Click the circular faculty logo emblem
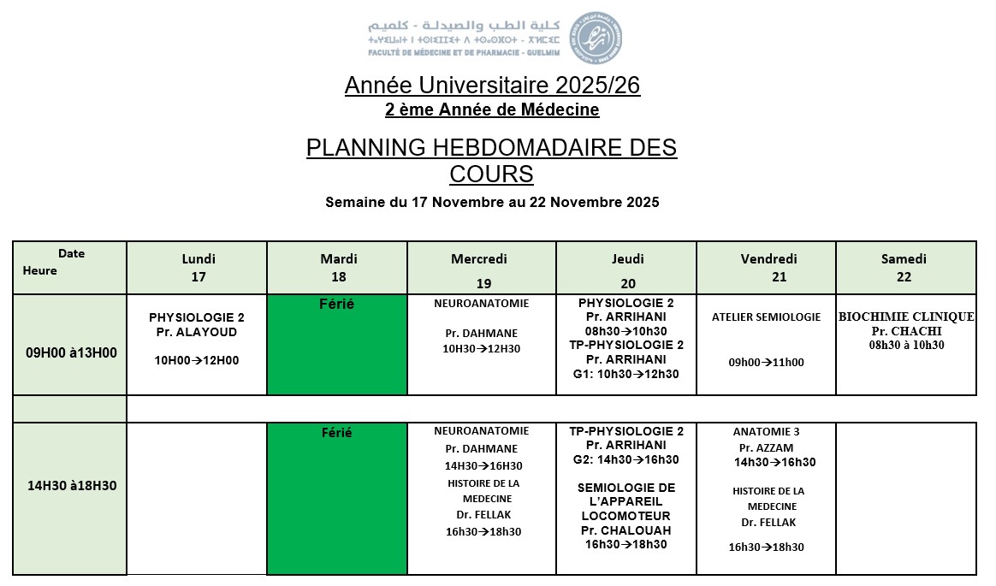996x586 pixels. click(x=596, y=38)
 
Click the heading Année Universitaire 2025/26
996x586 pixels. click(x=492, y=86)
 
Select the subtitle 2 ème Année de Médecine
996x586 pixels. click(x=492, y=110)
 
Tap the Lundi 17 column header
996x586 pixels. click(x=199, y=268)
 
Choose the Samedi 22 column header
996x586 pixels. click(x=904, y=268)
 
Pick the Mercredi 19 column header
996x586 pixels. click(x=479, y=269)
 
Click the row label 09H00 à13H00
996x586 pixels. click(x=72, y=352)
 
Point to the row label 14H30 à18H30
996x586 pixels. click(x=72, y=486)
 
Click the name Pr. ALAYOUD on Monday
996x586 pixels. click(x=197, y=332)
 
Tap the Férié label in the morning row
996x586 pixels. click(x=337, y=304)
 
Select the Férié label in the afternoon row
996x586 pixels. click(x=337, y=433)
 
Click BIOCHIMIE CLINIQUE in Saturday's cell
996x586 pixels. click(x=906, y=317)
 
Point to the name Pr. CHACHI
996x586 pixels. click(x=906, y=331)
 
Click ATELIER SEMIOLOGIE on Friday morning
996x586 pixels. click(x=766, y=317)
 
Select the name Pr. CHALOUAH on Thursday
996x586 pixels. click(x=626, y=530)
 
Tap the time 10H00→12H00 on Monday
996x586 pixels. click(x=197, y=361)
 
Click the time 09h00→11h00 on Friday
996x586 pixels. click(x=766, y=363)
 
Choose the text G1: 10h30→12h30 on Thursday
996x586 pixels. click(x=626, y=374)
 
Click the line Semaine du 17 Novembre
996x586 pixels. click(x=492, y=203)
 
